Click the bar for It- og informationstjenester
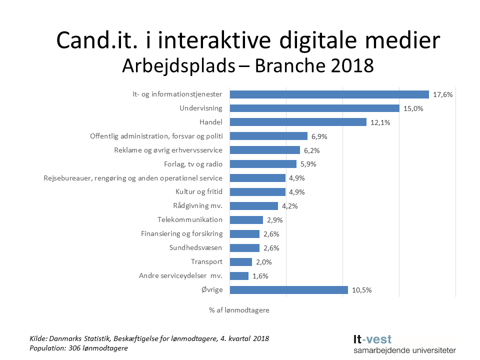tap(329, 94)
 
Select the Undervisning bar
tap(314, 108)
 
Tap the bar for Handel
tap(298, 122)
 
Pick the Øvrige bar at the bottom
tap(288, 290)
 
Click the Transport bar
tap(240, 262)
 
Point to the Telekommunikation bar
tap(246, 220)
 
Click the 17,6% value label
tap(442, 94)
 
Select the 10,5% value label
tap(361, 290)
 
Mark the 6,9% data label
tap(320, 136)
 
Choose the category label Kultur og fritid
tap(198, 192)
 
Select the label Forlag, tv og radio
tap(193, 164)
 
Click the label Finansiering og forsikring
tap(181, 233)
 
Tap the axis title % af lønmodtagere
tap(239, 310)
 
